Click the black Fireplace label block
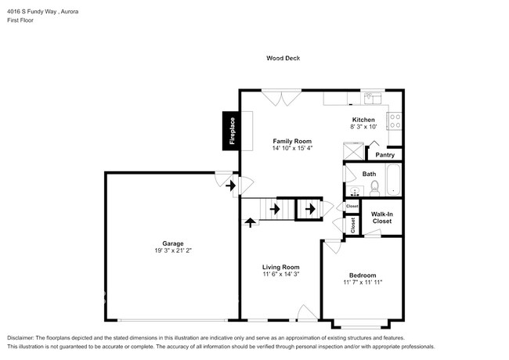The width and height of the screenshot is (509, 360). pyautogui.click(x=232, y=131)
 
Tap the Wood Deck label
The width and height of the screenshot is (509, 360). pyautogui.click(x=283, y=59)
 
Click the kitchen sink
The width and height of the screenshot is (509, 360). pyautogui.click(x=372, y=99)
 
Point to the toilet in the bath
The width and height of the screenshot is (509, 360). pyautogui.click(x=374, y=187)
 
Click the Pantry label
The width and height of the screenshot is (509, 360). pyautogui.click(x=385, y=155)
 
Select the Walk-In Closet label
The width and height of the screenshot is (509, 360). pyautogui.click(x=381, y=218)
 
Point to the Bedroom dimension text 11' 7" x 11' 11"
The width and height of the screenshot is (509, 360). pyautogui.click(x=363, y=283)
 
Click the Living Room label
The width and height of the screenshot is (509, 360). pyautogui.click(x=280, y=267)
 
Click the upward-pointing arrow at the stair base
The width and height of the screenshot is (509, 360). pyautogui.click(x=251, y=221)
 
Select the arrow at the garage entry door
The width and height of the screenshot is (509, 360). pyautogui.click(x=230, y=186)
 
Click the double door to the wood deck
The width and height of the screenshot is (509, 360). pyautogui.click(x=282, y=97)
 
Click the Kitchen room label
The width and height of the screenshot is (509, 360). pyautogui.click(x=363, y=119)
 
